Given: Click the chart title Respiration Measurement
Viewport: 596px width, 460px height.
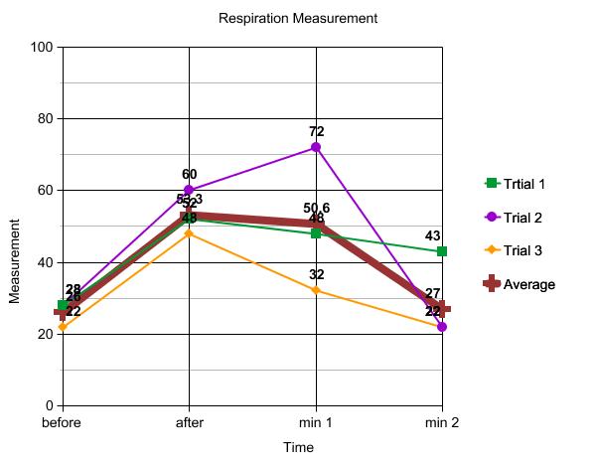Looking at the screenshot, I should tap(299, 19).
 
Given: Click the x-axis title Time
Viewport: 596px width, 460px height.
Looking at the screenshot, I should tap(298, 448).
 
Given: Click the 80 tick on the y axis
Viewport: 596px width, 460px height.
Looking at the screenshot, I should tap(45, 118).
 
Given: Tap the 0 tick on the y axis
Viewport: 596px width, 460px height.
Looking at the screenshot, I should tap(49, 405).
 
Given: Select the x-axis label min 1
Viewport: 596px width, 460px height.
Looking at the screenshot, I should tap(316, 422).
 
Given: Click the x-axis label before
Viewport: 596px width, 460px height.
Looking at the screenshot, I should tap(62, 422).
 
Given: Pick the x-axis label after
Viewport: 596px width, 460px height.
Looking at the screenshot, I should tap(189, 422).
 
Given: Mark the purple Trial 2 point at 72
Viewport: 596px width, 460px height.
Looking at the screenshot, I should tap(316, 147).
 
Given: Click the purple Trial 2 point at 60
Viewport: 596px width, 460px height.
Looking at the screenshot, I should tap(189, 190).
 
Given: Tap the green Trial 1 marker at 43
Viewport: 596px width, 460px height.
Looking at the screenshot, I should tap(442, 251).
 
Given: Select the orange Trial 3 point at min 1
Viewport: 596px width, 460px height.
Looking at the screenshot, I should tap(316, 290).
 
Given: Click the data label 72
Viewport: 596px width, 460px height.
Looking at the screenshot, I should tap(316, 131).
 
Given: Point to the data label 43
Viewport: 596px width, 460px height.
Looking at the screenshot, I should tap(433, 235).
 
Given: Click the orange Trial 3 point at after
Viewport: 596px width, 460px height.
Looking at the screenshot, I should tap(189, 233).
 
